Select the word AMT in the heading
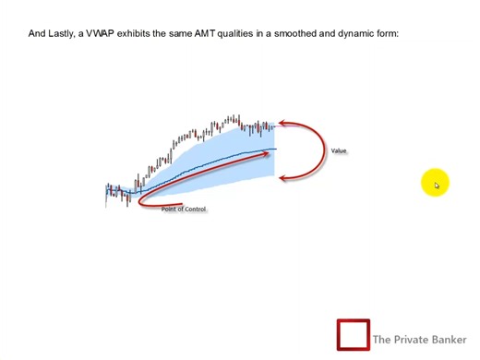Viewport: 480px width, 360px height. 204,34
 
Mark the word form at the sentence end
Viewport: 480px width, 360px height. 387,34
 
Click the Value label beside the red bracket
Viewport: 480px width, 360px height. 339,150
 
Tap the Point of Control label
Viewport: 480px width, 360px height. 184,210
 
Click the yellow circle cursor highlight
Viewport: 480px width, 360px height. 435,184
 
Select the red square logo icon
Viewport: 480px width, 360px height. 353,335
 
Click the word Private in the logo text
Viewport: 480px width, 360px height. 411,340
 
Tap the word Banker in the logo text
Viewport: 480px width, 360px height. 450,340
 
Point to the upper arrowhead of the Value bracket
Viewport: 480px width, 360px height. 282,124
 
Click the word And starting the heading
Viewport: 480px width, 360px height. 37,34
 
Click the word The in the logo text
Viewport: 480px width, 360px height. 382,340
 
